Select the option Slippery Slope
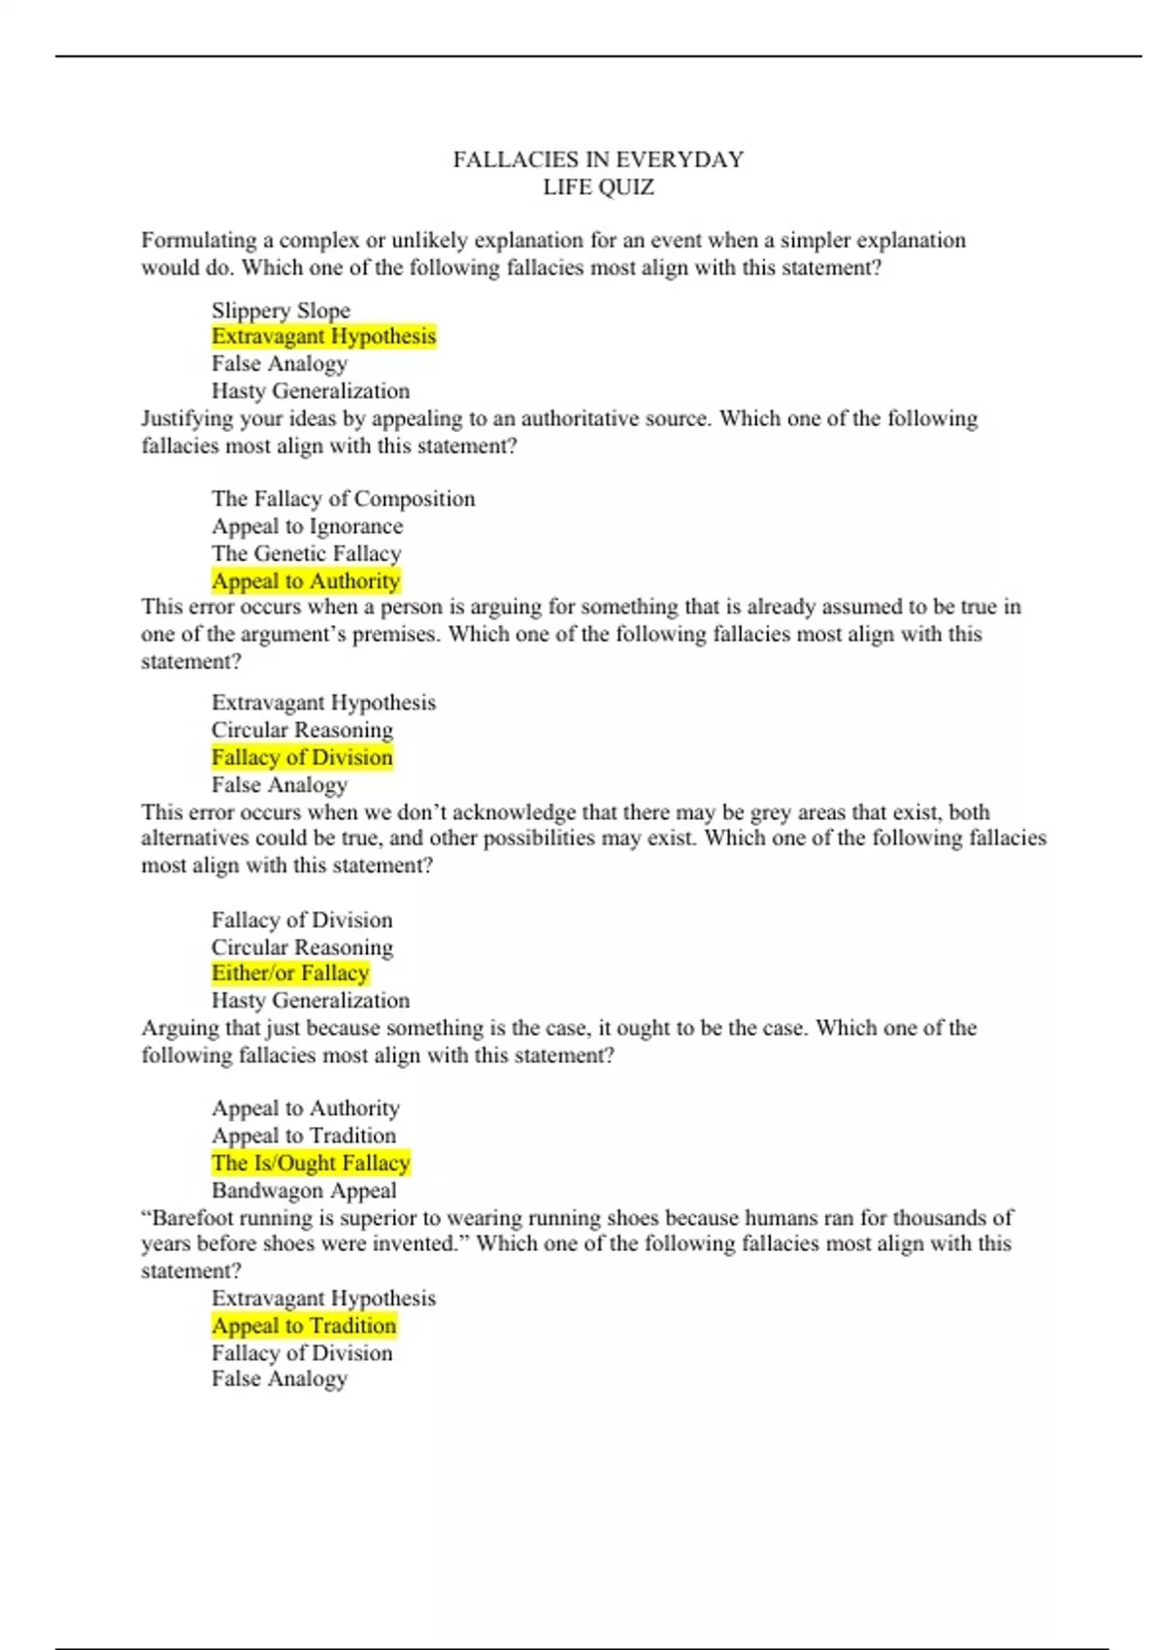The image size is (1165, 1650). pyautogui.click(x=281, y=311)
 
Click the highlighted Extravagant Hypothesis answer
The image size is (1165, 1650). pyautogui.click(x=323, y=337)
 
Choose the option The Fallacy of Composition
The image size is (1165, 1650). pyautogui.click(x=343, y=499)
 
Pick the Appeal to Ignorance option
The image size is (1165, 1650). pyautogui.click(x=307, y=526)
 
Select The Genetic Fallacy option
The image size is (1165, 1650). pyautogui.click(x=306, y=553)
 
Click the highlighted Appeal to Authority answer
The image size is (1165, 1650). pyautogui.click(x=306, y=581)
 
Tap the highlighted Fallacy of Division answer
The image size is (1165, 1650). pyautogui.click(x=302, y=758)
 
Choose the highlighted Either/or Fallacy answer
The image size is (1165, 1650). pyautogui.click(x=290, y=973)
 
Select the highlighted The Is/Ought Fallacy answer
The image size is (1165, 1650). pyautogui.click(x=311, y=1163)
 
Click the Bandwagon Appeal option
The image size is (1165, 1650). pyautogui.click(x=304, y=1190)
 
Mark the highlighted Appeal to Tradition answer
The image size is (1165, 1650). pyautogui.click(x=304, y=1326)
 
